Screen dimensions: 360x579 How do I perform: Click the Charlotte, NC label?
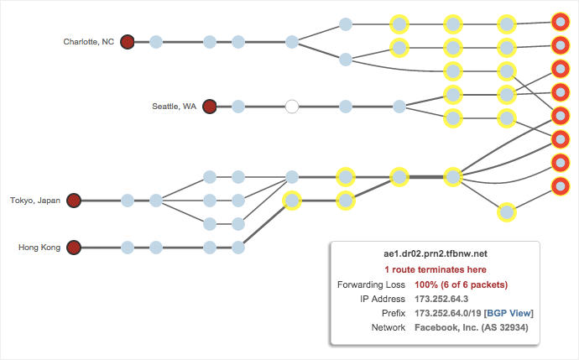(x=88, y=41)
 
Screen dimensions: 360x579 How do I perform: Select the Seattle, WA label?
(x=174, y=107)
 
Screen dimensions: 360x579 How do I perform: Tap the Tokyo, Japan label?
(x=34, y=201)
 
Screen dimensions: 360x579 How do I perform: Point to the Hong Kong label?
(x=39, y=248)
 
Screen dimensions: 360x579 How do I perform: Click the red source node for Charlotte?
(x=127, y=41)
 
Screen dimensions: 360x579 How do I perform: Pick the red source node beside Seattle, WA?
(x=210, y=107)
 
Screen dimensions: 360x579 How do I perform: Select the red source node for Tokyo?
(x=73, y=201)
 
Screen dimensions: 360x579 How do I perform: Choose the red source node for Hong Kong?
(x=73, y=248)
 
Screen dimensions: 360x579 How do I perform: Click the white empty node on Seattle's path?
(x=292, y=107)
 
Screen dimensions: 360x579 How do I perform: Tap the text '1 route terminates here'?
(x=435, y=270)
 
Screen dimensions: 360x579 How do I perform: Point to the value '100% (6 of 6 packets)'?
(x=461, y=284)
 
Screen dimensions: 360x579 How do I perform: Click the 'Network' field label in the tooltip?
(x=388, y=327)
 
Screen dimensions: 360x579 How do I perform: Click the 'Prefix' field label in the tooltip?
(x=393, y=313)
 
